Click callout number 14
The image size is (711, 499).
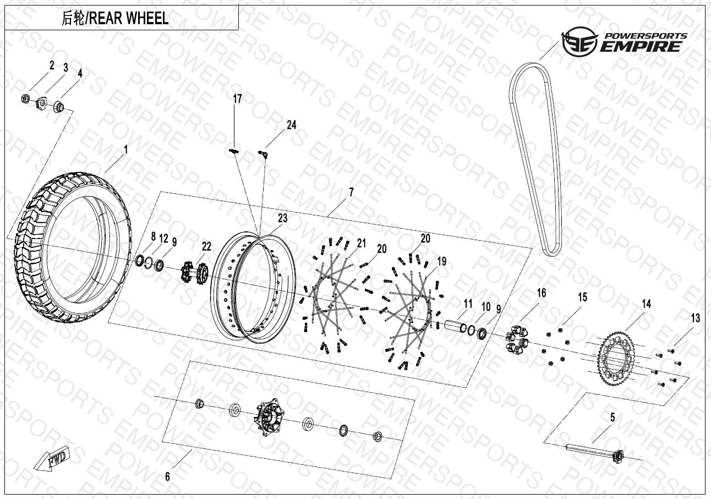[646, 303]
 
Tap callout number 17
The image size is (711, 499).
[237, 99]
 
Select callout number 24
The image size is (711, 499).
[291, 125]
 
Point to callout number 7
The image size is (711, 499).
[351, 192]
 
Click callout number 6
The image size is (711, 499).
[168, 476]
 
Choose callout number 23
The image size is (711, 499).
[282, 218]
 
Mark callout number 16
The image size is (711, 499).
[542, 292]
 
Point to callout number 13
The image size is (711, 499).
[696, 318]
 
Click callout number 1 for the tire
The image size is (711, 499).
[126, 149]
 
